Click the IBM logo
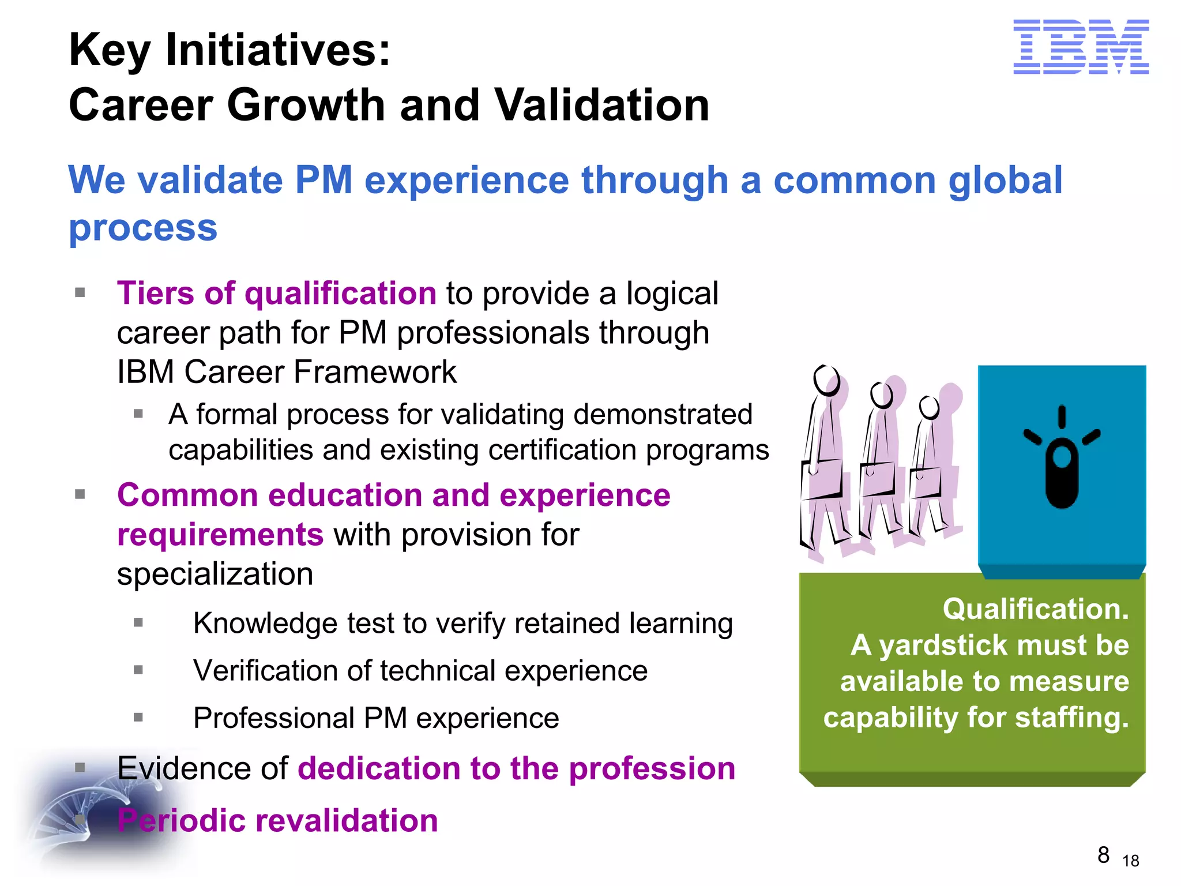pyautogui.click(x=1081, y=47)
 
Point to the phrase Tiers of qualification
pyautogui.click(x=277, y=293)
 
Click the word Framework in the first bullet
pyautogui.click(x=375, y=371)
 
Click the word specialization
pyautogui.click(x=215, y=574)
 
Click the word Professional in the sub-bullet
pyautogui.click(x=273, y=718)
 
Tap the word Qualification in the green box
pyautogui.click(x=1035, y=609)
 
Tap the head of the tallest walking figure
pyautogui.click(x=826, y=380)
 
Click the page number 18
pyautogui.click(x=1131, y=861)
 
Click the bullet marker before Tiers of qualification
pyautogui.click(x=80, y=292)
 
